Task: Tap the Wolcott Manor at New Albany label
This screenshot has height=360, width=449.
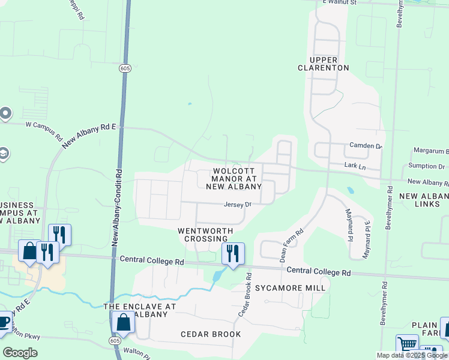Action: point(234,179)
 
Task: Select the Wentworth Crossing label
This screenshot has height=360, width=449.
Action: point(203,235)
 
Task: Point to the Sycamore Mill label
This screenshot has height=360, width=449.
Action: point(291,288)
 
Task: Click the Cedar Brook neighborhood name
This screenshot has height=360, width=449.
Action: point(211,334)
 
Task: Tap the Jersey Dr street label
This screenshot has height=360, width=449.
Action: point(237,205)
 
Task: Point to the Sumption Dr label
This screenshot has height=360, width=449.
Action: point(426,166)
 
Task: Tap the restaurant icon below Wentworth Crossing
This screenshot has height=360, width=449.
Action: point(233,253)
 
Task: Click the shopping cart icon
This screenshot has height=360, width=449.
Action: point(408,345)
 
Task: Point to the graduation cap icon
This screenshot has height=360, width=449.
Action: point(3,154)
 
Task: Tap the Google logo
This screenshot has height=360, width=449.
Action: point(20,353)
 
